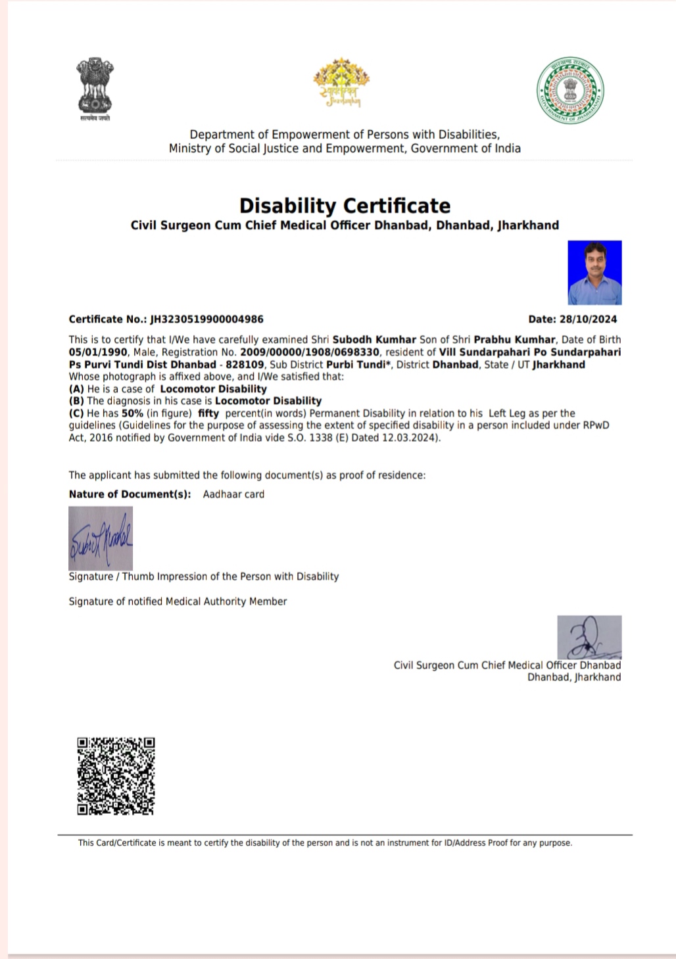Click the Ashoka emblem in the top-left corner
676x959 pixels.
pyautogui.click(x=95, y=87)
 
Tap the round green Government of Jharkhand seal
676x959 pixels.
pyautogui.click(x=570, y=89)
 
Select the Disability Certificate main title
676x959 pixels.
pyautogui.click(x=345, y=206)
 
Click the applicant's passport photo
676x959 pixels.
pyautogui.click(x=594, y=273)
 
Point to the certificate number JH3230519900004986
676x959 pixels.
pyautogui.click(x=207, y=319)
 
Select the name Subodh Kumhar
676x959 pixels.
pyautogui.click(x=374, y=340)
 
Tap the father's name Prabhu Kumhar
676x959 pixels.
pyautogui.click(x=514, y=340)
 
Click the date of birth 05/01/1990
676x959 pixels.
pyautogui.click(x=98, y=352)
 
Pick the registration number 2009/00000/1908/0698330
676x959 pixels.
pyautogui.click(x=310, y=352)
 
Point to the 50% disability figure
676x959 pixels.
pyautogui.click(x=132, y=413)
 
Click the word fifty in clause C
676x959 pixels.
pyautogui.click(x=208, y=413)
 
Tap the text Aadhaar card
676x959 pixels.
pyautogui.click(x=233, y=494)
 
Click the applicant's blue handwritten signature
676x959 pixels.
pyautogui.click(x=101, y=538)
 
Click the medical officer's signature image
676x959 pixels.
pyautogui.click(x=589, y=636)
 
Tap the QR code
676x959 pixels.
pyautogui.click(x=116, y=776)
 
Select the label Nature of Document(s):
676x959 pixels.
pyautogui.click(x=130, y=494)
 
